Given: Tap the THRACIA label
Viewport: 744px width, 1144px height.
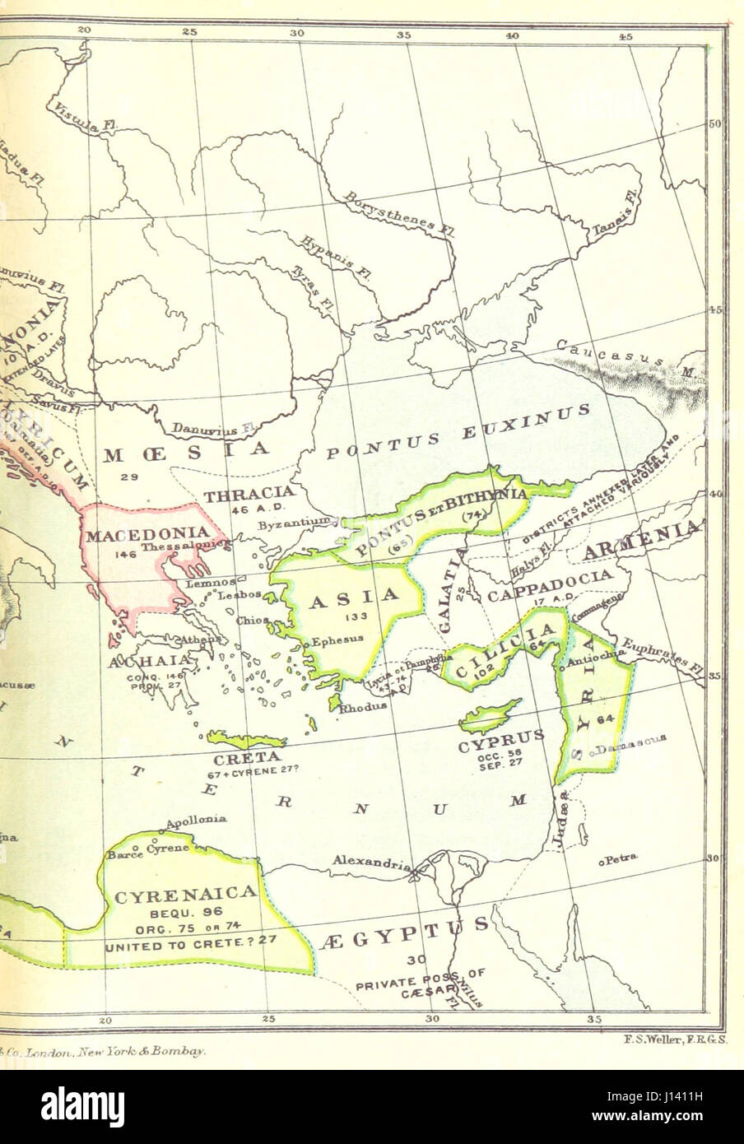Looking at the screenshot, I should (243, 496).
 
